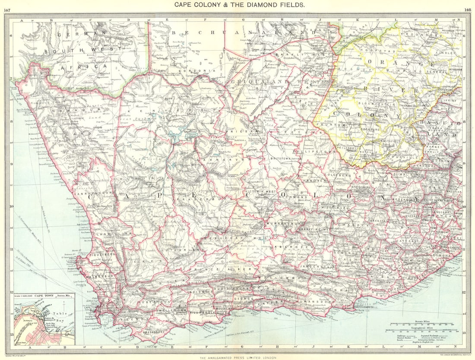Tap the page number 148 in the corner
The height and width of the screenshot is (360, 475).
[467, 10]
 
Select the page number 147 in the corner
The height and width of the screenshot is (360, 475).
[7, 10]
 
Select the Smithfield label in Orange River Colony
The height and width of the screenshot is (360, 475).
[390, 140]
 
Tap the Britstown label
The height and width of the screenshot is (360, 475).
[279, 159]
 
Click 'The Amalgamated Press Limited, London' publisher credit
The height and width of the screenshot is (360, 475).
[237, 357]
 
